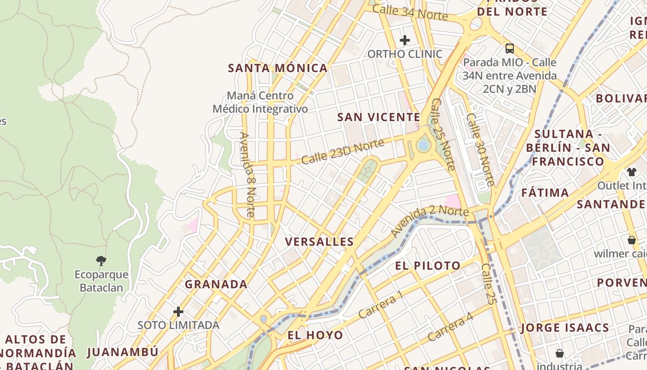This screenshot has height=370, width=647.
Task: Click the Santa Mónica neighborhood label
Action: coord(278,68)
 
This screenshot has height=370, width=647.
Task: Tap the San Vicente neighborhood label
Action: coord(378,117)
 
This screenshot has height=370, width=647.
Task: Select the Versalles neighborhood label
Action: coord(319,241)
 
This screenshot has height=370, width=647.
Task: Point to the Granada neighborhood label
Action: coord(216,284)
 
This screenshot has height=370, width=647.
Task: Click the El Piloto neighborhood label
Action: coord(427,265)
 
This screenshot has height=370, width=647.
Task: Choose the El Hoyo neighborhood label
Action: coord(315,335)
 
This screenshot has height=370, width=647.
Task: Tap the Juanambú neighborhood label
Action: coord(122,352)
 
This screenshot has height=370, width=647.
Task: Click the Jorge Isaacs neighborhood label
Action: coord(565,328)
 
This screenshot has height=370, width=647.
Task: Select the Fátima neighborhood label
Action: coord(545,192)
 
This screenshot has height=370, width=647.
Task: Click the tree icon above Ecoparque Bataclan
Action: coord(101,260)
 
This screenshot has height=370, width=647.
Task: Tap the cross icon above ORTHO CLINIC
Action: coord(405,40)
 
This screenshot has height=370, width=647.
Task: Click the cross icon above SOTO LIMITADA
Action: coord(178,312)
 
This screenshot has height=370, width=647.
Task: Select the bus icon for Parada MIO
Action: coord(510,48)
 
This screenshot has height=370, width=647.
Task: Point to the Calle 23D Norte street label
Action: coord(342,151)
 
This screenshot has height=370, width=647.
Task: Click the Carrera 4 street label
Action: coord(450,327)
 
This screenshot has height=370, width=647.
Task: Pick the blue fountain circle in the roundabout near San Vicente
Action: coord(423,146)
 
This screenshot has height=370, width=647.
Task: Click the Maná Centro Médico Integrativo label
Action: coord(260,102)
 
